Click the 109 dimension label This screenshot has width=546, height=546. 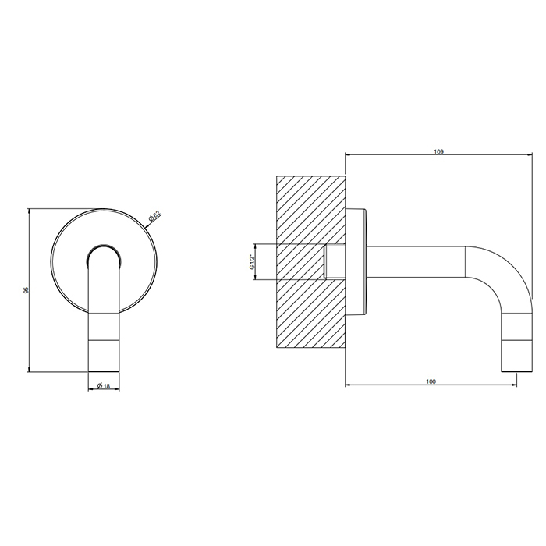tap(438, 151)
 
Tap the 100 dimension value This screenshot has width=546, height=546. tap(431, 381)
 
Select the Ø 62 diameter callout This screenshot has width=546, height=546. tap(154, 216)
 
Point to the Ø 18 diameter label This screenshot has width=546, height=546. tap(104, 385)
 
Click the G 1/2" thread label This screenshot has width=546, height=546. tap(252, 261)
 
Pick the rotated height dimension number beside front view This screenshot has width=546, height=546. tap(26, 290)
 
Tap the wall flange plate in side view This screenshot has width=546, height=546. tap(356, 262)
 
